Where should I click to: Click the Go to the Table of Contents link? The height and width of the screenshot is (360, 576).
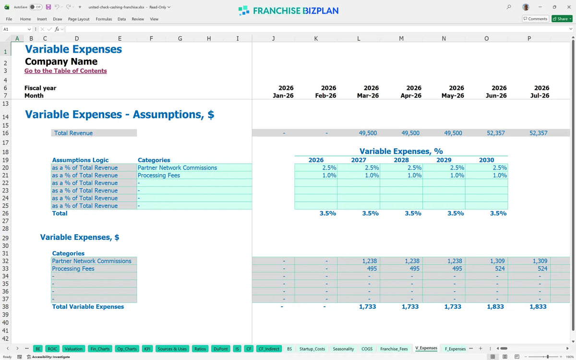(x=66, y=71)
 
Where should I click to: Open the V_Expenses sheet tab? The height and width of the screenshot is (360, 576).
(x=426, y=348)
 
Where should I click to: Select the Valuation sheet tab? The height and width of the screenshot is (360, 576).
(x=73, y=348)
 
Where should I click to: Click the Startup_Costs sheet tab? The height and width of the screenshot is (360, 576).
(x=312, y=348)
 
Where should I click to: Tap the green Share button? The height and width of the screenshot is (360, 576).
(x=562, y=19)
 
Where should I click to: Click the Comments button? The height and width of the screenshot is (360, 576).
(x=535, y=19)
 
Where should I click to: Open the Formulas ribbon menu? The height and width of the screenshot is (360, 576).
(x=104, y=19)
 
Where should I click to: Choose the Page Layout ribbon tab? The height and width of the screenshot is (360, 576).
(x=79, y=19)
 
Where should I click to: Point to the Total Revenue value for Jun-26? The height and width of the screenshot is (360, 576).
(x=495, y=133)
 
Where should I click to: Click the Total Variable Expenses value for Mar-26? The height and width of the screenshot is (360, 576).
(x=368, y=307)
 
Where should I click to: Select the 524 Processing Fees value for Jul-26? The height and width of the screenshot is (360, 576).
(x=542, y=268)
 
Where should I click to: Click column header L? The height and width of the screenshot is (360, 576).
(x=359, y=38)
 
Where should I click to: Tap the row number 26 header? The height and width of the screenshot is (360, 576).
(x=5, y=213)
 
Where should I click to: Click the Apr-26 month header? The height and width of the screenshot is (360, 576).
(x=411, y=96)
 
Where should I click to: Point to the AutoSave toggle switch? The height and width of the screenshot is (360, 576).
(x=36, y=7)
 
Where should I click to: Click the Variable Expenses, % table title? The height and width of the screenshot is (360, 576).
(x=401, y=151)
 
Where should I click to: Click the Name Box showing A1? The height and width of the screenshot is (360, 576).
(x=16, y=29)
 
